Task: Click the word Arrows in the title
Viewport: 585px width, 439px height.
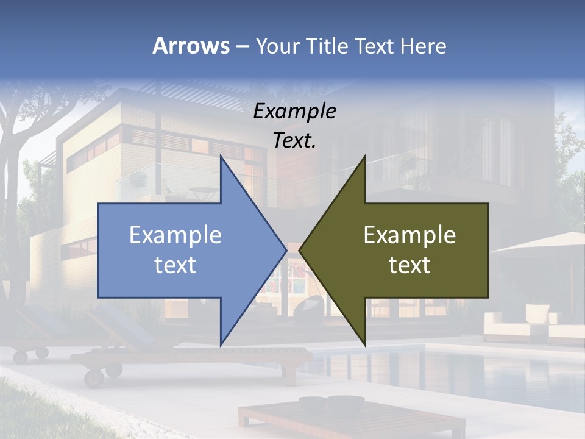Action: pyautogui.click(x=191, y=46)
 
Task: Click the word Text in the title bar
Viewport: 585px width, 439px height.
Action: pyautogui.click(x=374, y=46)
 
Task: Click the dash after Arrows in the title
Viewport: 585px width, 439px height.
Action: pyautogui.click(x=242, y=47)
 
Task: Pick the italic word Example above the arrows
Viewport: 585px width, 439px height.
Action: pyautogui.click(x=294, y=111)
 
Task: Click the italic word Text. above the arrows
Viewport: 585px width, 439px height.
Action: pyautogui.click(x=294, y=140)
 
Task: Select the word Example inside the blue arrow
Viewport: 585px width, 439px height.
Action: pyautogui.click(x=175, y=235)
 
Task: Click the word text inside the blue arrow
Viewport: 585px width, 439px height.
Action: pyautogui.click(x=175, y=265)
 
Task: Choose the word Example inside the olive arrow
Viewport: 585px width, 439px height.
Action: pyautogui.click(x=409, y=235)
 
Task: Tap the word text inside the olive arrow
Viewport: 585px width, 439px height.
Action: pyautogui.click(x=409, y=265)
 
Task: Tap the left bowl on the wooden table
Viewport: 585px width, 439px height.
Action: pyautogui.click(x=312, y=403)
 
